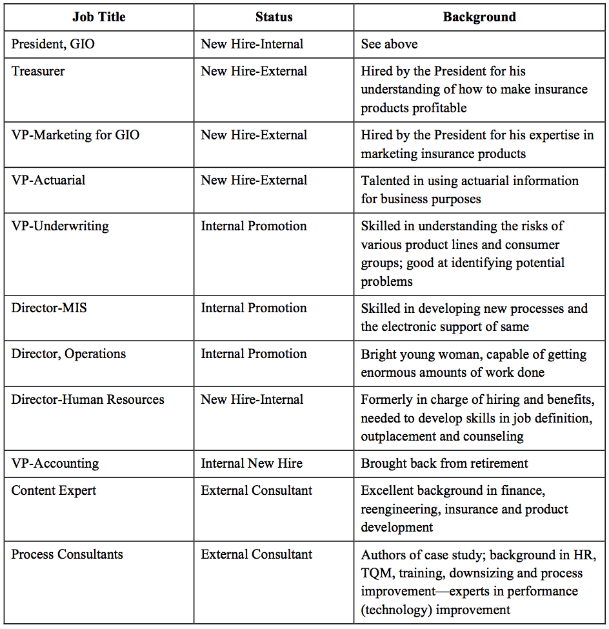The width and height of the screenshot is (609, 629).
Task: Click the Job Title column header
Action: (x=99, y=17)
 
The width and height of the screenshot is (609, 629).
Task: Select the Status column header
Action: (x=274, y=17)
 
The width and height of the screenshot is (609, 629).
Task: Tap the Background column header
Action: (x=479, y=17)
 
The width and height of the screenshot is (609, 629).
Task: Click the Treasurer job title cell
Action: (x=38, y=71)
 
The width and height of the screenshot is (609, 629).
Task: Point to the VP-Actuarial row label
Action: (x=48, y=181)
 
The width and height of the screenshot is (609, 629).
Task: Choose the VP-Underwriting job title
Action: (x=60, y=226)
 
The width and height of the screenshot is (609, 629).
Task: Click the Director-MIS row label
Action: (x=49, y=308)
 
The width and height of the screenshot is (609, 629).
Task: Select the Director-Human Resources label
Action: (x=88, y=400)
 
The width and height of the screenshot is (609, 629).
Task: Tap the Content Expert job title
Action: (x=54, y=491)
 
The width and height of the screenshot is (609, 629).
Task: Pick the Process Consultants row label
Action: (x=67, y=555)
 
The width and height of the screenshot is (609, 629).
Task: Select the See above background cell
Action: (x=389, y=45)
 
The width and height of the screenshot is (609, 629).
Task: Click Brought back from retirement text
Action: (x=444, y=464)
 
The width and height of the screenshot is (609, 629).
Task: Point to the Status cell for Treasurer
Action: (x=254, y=71)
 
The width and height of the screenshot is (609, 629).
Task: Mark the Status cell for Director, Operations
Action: (x=254, y=354)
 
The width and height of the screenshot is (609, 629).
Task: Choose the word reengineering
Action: (x=398, y=509)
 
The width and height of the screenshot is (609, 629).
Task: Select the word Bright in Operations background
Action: (x=378, y=354)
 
